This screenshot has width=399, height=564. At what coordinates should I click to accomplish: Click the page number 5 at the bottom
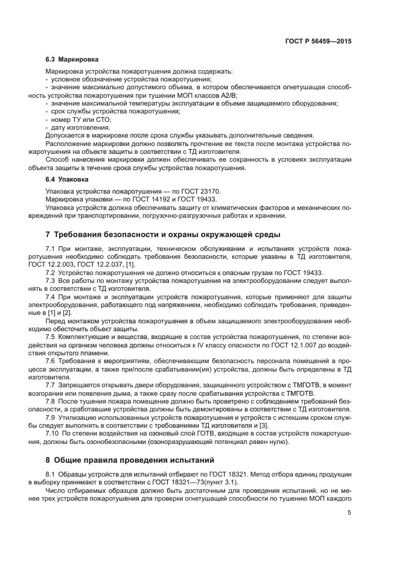349,513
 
